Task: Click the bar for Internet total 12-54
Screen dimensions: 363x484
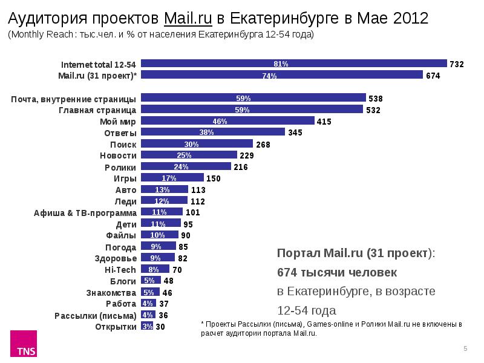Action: (293, 64)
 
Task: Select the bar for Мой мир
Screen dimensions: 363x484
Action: (227, 121)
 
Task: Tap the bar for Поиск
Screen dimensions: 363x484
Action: (197, 144)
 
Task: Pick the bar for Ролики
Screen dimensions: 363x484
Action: (186, 166)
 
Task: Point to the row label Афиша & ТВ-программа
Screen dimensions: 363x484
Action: (85, 212)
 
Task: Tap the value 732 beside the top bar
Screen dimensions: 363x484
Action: (457, 64)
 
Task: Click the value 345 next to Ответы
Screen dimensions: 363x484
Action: (295, 132)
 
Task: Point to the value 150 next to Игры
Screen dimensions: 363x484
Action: (214, 178)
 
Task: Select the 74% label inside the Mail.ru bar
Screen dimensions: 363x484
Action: (269, 76)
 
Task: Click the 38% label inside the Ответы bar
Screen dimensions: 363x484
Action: (206, 132)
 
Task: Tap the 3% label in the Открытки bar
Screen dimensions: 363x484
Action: (147, 327)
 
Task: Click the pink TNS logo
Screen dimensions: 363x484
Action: (26, 344)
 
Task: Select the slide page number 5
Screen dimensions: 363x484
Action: (465, 348)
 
